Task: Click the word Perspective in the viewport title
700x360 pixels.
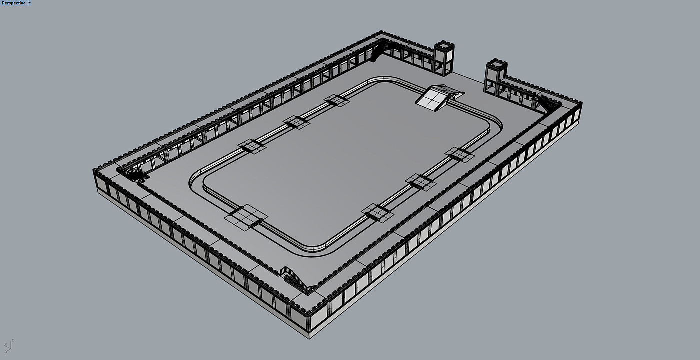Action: point(14,3)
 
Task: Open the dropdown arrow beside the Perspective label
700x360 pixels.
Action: point(29,3)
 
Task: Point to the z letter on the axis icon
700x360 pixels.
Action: point(13,340)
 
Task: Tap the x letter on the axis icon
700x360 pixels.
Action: point(5,344)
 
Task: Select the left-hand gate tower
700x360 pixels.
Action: point(444,58)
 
